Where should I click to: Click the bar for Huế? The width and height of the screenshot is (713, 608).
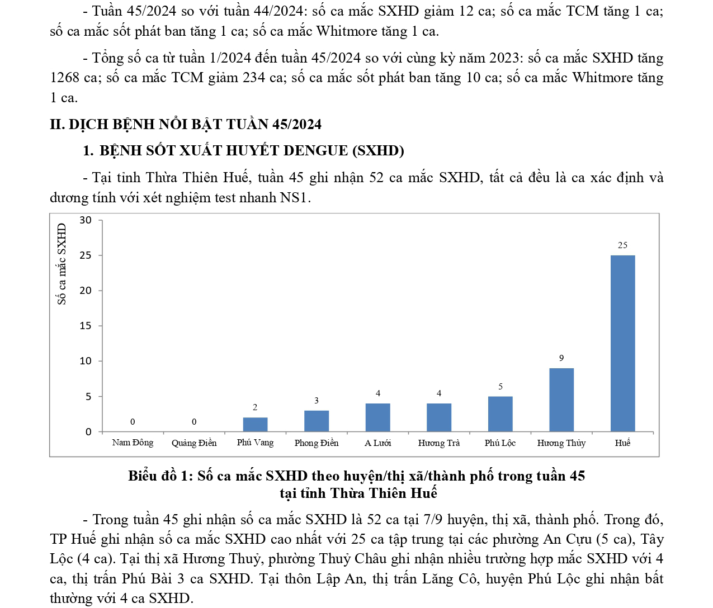coord(622,343)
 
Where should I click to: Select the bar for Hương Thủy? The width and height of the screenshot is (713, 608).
coord(561,400)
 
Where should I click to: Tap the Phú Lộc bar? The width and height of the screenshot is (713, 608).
coord(500,414)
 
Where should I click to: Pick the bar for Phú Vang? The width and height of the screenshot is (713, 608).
coord(255,425)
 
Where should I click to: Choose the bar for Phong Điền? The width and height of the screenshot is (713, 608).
coord(317,421)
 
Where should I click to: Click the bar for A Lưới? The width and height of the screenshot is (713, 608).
coord(377,417)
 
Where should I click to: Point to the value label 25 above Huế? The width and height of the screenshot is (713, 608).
coord(622,245)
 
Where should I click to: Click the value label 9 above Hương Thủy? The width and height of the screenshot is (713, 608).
coord(561,358)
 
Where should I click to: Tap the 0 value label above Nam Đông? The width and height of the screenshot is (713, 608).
coord(133,422)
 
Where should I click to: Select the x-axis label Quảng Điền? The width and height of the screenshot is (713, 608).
coord(194,443)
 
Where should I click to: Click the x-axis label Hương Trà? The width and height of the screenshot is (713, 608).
coord(439,443)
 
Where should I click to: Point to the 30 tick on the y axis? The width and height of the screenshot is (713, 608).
coord(86,220)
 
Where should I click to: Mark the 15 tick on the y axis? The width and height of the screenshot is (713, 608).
coord(86,326)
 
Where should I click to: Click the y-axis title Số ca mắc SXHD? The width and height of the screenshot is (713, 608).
coord(62,264)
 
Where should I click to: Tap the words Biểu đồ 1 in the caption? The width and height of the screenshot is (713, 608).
coord(160,476)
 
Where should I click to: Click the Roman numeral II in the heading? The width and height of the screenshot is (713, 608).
coord(56,124)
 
